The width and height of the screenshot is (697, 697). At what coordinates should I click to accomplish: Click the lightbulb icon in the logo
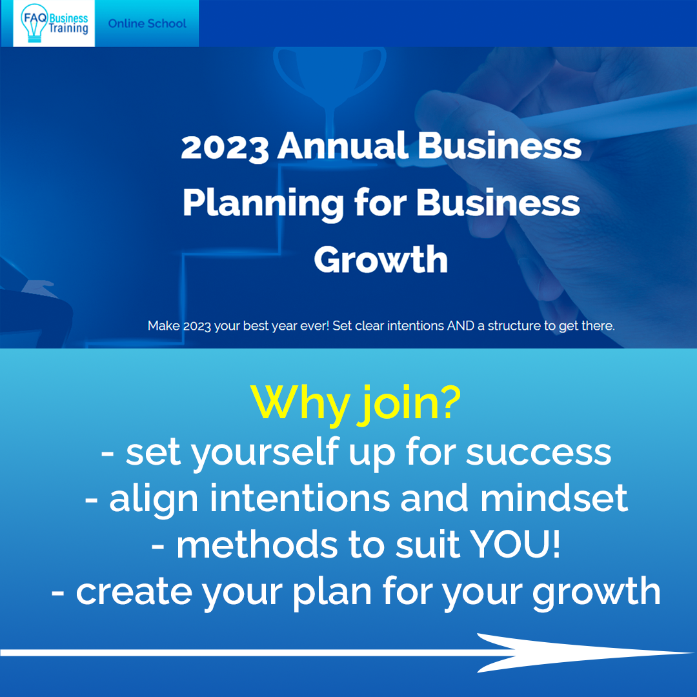[34, 23]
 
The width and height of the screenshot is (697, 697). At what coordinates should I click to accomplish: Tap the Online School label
[147, 24]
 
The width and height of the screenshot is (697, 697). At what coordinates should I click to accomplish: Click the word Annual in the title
[343, 146]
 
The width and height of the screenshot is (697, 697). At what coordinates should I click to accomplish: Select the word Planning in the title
[263, 204]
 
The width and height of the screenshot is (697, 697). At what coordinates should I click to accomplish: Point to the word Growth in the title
[381, 259]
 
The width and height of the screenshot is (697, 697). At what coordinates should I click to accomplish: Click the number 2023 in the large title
[225, 147]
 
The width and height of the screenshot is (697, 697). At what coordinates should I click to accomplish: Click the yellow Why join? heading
[356, 403]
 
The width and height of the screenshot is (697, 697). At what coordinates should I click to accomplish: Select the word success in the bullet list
[538, 454]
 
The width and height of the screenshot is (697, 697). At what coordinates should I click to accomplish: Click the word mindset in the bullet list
[554, 498]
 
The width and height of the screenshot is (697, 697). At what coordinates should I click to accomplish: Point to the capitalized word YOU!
[515, 545]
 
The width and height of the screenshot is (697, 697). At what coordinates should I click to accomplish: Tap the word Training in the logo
[68, 29]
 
